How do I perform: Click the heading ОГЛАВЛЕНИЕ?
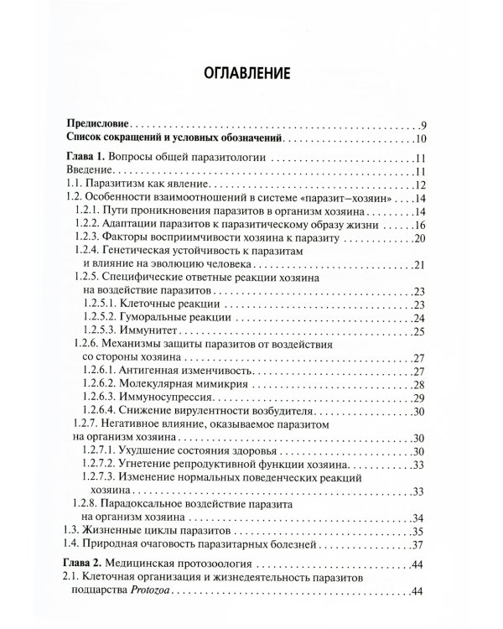click(x=251, y=73)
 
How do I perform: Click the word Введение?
click(x=90, y=172)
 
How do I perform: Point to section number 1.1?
click(x=75, y=185)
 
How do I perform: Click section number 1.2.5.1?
click(x=102, y=303)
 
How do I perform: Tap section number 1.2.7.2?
click(x=102, y=466)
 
